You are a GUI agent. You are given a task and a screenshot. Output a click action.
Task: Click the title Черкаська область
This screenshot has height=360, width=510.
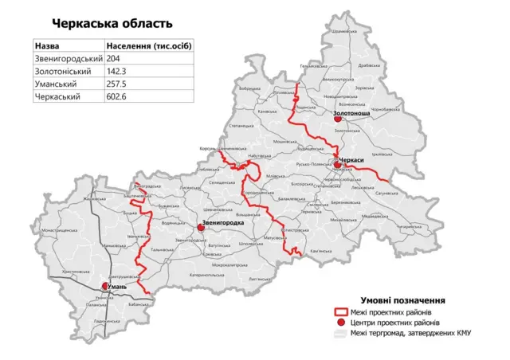click(112, 25)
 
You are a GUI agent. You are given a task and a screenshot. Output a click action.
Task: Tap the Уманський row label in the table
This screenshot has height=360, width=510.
click(56, 84)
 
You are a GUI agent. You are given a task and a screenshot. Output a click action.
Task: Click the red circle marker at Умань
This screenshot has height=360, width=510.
click(106, 286)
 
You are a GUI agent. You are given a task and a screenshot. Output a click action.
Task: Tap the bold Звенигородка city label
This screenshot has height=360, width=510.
click(222, 223)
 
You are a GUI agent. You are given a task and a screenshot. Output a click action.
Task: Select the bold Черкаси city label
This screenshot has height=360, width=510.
click(351, 161)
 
